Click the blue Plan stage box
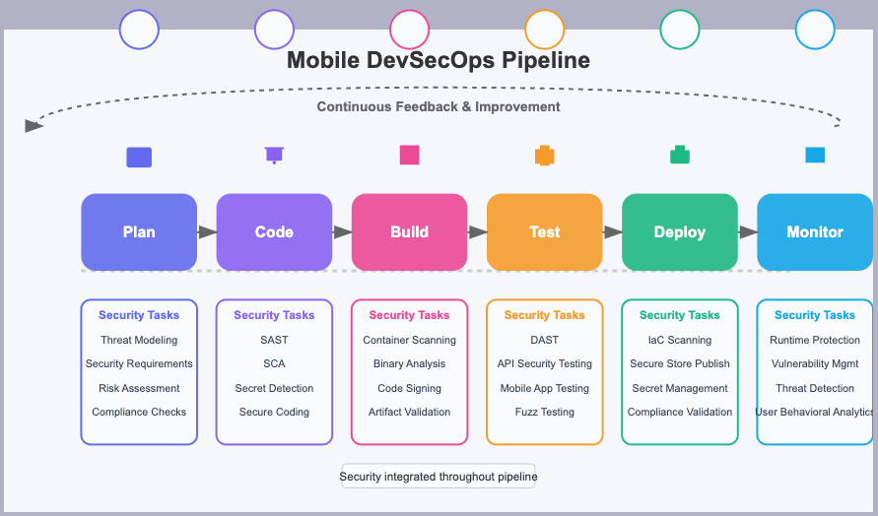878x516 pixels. coord(139,232)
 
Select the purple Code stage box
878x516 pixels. coord(274,232)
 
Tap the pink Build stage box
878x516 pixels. coord(409,232)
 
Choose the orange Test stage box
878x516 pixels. coord(545,232)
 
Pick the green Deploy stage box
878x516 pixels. coord(680,232)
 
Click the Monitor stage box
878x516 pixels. coord(815,232)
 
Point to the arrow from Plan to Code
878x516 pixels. coord(207,231)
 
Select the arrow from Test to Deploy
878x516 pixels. coord(613,231)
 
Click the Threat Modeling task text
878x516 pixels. coord(139,340)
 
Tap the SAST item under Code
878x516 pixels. coord(274,340)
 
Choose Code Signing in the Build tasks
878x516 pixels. coord(409,388)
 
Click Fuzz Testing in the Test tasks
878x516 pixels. coord(545,412)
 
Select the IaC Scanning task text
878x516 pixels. coord(680,340)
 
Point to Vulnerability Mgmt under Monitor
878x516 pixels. coord(815,363)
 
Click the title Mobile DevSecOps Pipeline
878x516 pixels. coord(439,60)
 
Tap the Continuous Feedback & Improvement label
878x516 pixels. coord(439,107)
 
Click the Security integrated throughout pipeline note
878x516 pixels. coord(439,477)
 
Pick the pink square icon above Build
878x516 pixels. coord(409,155)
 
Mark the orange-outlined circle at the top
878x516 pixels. coord(544,30)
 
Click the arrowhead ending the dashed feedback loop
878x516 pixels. coord(34,126)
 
